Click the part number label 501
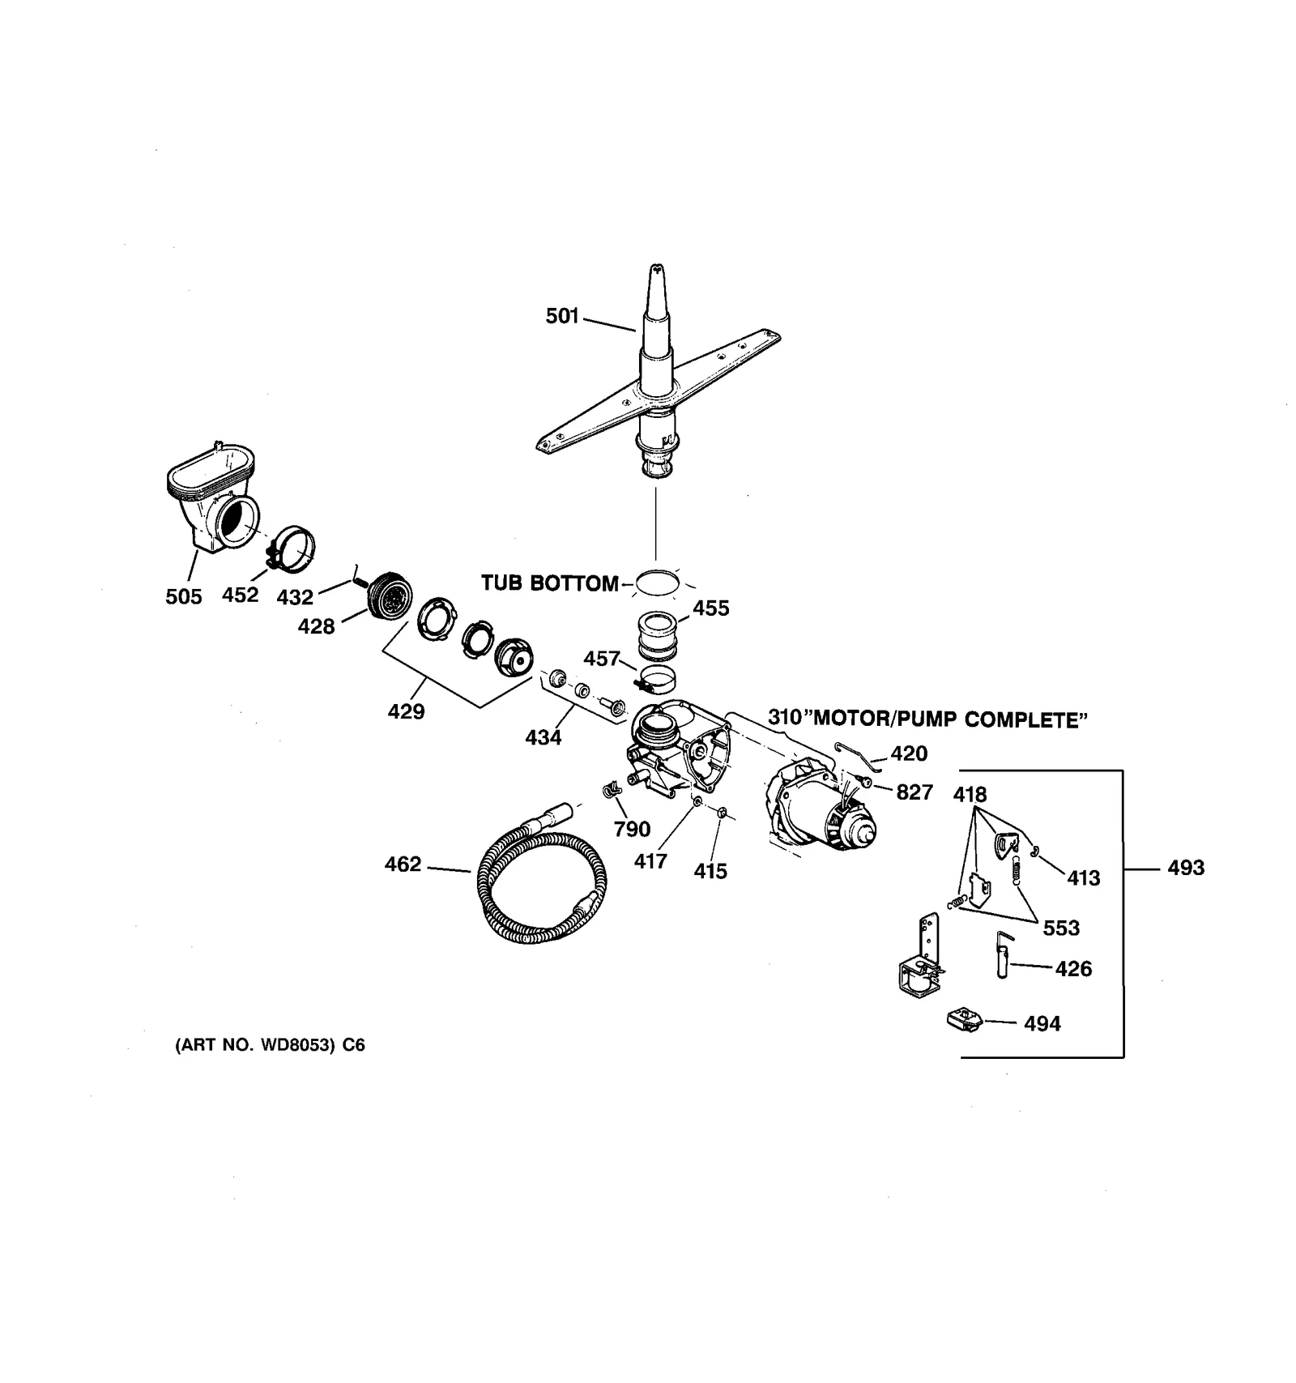pos(562,316)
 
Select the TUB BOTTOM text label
pos(549,583)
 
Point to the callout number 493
pos(1186,869)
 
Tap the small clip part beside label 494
pos(965,1019)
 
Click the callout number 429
pos(406,712)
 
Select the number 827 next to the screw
pos(914,792)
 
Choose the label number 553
pos(1061,928)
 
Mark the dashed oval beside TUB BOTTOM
pos(657,583)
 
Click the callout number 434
pos(543,738)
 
